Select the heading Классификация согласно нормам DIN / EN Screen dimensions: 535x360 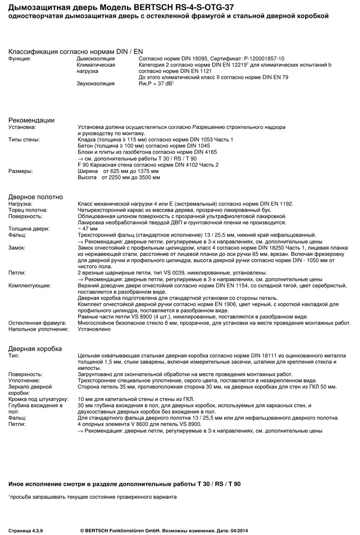(75, 51)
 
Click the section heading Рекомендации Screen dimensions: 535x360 (31, 120)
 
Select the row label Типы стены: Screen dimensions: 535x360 (24, 140)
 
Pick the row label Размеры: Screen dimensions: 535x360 (20, 171)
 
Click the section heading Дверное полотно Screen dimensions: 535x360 (35, 197)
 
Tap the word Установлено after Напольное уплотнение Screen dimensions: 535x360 (94, 329)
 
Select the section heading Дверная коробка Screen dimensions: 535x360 (35, 348)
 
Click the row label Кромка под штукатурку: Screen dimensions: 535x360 (38, 399)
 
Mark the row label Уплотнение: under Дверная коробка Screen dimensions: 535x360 (24, 380)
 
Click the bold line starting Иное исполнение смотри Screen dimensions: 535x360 (125, 483)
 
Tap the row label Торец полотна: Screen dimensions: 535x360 (28, 210)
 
